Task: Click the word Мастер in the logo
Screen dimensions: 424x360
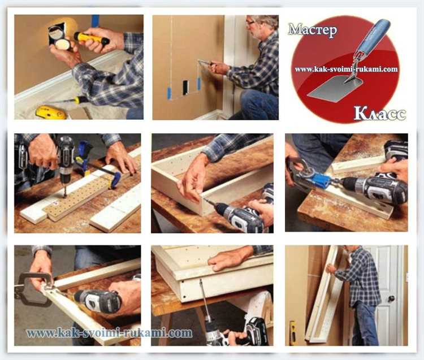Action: pos(313,30)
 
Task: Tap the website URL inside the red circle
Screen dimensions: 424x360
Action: pos(346,69)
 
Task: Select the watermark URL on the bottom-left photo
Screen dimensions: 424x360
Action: pos(109,333)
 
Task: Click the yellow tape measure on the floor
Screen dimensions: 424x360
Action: pos(50,112)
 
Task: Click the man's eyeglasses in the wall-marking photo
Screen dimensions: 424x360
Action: pos(250,23)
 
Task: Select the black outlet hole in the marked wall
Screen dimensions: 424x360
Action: pos(185,87)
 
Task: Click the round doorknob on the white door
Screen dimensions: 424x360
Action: pos(391,299)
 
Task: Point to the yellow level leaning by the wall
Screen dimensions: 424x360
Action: pos(292,332)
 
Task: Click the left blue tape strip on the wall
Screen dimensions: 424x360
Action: pos(169,93)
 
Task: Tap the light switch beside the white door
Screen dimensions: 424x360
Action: pos(407,276)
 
